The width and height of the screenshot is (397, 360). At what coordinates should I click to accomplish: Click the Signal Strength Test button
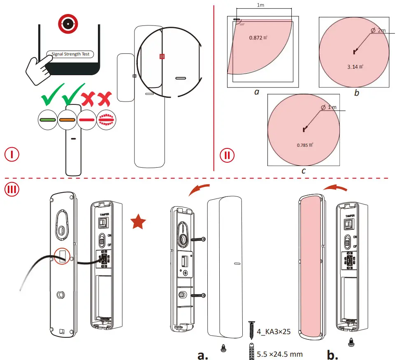(x=70, y=54)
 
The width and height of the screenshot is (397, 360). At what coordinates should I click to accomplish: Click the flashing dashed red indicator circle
(x=107, y=120)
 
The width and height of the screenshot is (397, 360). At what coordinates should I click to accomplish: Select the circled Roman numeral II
(x=227, y=156)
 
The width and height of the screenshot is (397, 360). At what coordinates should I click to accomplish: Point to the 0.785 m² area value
(x=305, y=145)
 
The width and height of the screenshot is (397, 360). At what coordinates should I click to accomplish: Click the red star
(x=139, y=223)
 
